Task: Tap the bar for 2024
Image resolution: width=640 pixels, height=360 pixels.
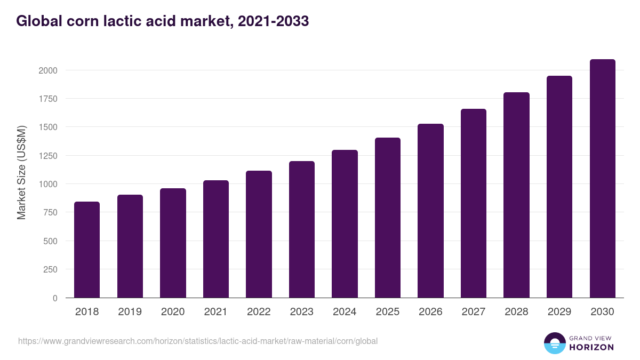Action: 345,224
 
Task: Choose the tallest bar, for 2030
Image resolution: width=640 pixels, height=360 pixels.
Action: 602,179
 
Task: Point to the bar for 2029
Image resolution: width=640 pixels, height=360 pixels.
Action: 559,187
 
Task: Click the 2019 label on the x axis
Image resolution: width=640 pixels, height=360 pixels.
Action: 130,312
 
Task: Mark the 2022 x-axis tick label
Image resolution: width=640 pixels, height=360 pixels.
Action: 259,312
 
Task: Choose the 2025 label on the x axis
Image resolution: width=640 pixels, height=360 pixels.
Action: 388,312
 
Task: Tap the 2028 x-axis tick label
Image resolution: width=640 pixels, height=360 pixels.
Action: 516,312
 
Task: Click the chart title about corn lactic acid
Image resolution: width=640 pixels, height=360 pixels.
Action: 163,21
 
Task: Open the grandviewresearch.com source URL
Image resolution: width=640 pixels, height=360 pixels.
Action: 198,341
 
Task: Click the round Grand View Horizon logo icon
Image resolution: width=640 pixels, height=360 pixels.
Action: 555,343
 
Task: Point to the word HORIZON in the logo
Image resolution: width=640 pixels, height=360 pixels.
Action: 591,347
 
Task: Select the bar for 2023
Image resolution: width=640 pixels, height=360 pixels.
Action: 302,229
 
